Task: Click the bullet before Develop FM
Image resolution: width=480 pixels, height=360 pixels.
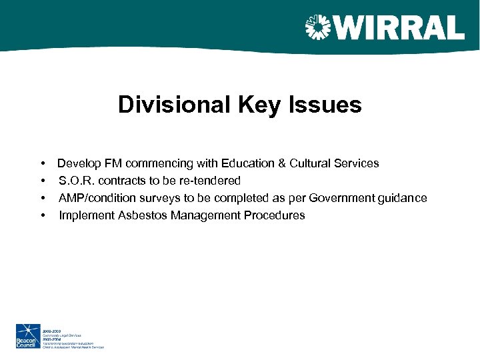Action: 43,163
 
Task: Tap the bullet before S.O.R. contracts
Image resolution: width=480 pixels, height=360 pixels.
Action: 43,181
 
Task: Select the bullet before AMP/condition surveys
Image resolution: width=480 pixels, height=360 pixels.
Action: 43,198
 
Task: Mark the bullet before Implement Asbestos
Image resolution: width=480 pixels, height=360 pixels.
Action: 43,215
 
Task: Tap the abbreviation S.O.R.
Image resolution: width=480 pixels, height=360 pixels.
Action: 77,181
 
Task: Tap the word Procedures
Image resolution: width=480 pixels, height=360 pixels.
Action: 274,215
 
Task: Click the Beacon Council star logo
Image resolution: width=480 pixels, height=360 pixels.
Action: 28,336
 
